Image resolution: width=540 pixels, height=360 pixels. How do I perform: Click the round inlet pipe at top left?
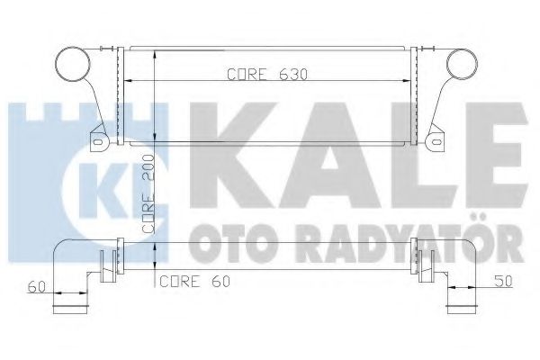click(72, 66)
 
